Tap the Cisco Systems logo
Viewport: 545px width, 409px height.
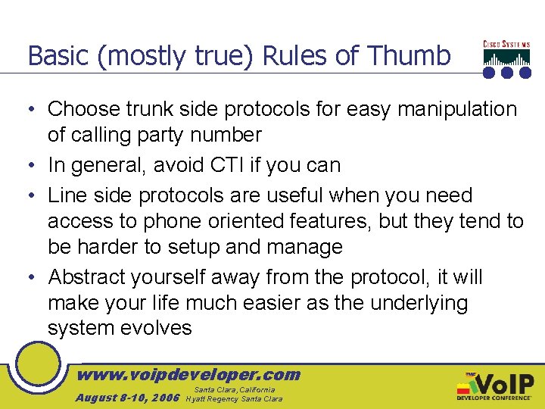(x=507, y=58)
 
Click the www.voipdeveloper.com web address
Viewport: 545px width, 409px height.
(x=189, y=374)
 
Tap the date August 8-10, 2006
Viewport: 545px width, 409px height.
(x=127, y=398)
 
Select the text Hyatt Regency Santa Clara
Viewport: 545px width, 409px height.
(x=235, y=398)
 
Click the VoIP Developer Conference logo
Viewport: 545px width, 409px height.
(x=495, y=386)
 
